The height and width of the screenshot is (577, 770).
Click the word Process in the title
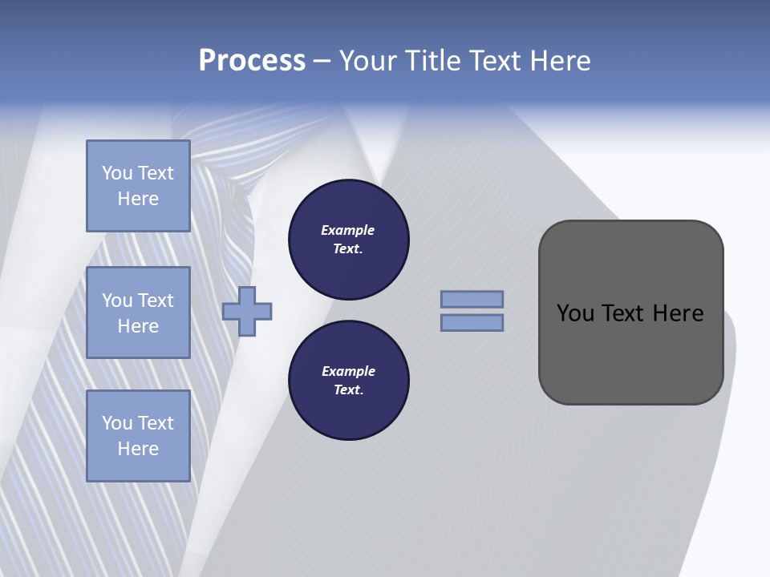tap(252, 61)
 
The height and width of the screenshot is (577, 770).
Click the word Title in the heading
tap(432, 61)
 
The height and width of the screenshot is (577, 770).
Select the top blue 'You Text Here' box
tap(138, 186)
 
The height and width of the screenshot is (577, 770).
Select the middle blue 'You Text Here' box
tap(138, 313)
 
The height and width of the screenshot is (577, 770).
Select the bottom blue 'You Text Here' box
tap(138, 436)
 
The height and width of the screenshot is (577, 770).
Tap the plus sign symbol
tap(247, 311)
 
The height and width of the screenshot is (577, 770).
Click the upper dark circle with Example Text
tap(348, 239)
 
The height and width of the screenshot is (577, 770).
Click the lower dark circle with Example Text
tap(348, 381)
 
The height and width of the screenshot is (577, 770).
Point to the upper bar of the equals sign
tap(472, 299)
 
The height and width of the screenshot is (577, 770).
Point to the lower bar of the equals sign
tap(472, 322)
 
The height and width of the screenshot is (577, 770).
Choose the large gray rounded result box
tap(630, 353)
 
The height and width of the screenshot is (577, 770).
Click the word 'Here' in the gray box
tap(678, 313)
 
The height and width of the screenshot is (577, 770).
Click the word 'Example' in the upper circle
tap(348, 230)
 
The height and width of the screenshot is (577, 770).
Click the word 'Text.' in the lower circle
tap(348, 390)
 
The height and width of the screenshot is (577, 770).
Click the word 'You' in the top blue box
tap(117, 173)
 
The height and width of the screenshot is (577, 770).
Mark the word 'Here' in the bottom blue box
tap(138, 449)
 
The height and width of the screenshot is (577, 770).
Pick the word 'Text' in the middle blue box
tap(155, 301)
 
